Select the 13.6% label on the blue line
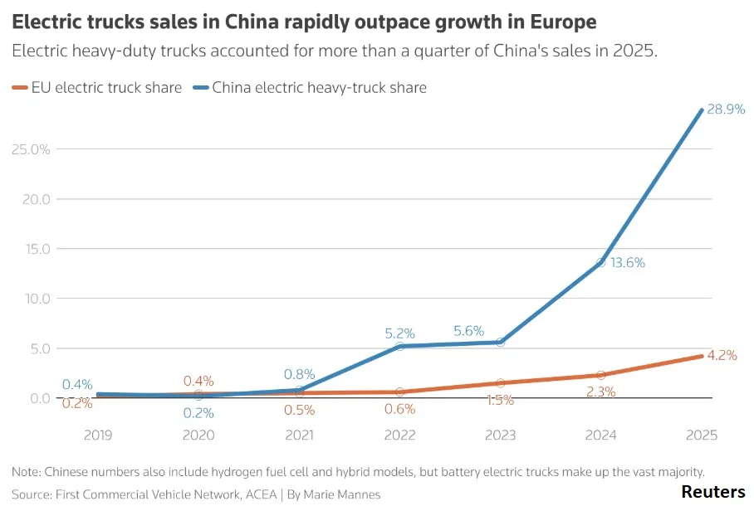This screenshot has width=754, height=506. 628,263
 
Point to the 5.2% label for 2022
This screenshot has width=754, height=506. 399,333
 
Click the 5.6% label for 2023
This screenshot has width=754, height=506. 468,331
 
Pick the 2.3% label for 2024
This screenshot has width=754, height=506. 600,392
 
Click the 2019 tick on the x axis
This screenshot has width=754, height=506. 98,435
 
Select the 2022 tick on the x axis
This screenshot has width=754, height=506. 399,435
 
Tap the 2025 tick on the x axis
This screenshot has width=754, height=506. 702,435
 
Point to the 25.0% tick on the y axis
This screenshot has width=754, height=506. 31,149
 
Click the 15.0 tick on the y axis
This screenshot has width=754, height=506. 37,249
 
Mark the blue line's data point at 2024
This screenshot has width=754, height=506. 601,263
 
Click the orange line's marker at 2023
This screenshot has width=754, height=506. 501,383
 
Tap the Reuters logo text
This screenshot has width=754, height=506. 712,492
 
